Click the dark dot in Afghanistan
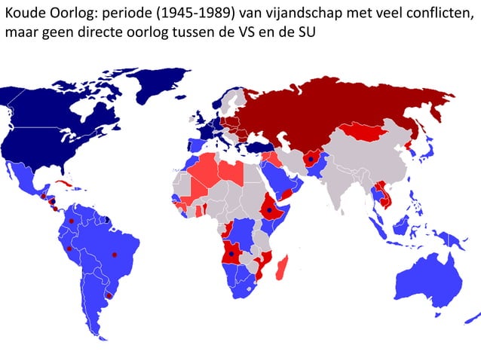click(310, 160)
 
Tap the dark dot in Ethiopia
click(269, 211)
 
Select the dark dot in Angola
click(231, 255)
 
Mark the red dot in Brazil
click(115, 255)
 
